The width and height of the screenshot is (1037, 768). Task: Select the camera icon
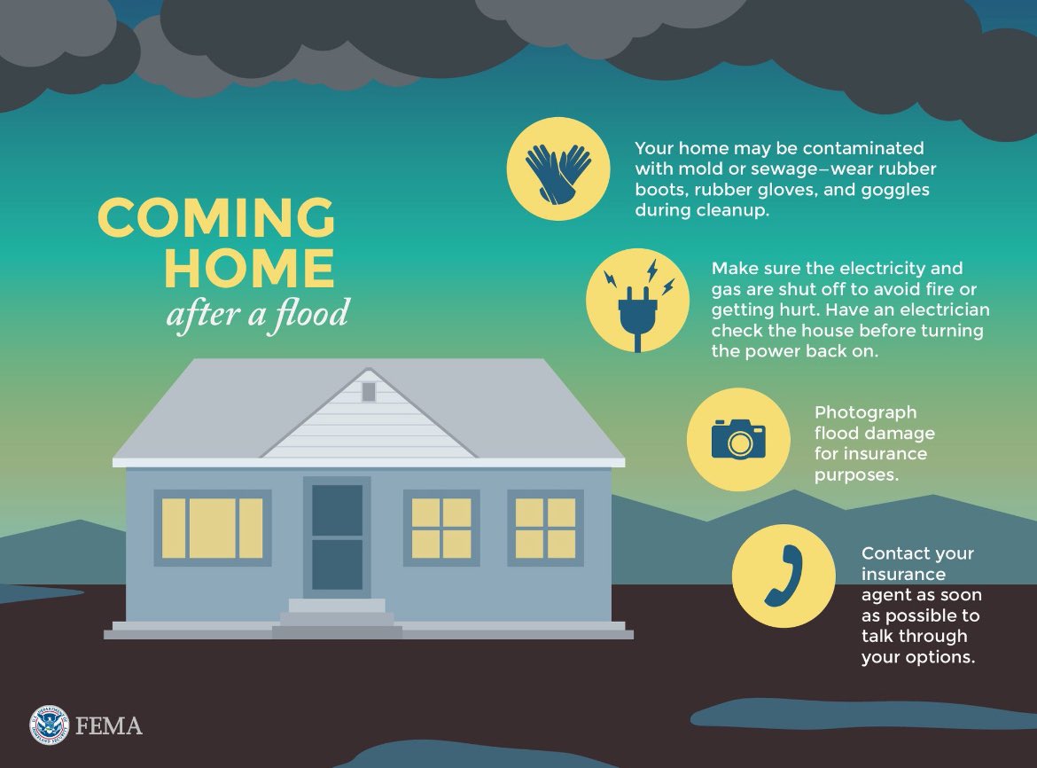tap(738, 439)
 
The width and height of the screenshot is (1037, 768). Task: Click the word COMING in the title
tap(216, 217)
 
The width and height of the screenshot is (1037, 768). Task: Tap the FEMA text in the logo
tap(109, 726)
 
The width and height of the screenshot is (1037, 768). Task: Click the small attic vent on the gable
tap(369, 392)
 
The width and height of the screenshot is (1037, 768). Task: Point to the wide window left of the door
tap(213, 528)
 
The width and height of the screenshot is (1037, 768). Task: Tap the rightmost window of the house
tap(545, 528)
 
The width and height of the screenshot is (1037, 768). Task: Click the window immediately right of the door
tap(441, 528)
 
